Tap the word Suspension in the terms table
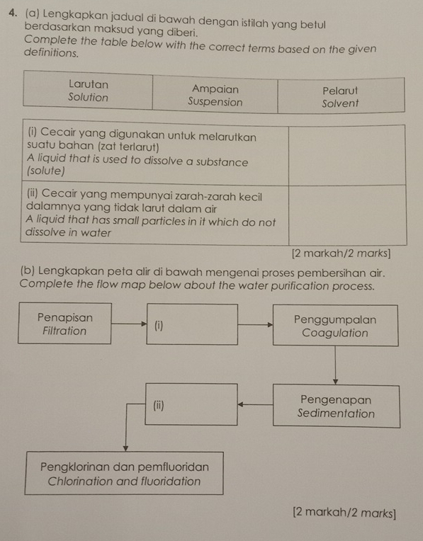[x=215, y=102]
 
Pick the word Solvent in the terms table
[x=340, y=103]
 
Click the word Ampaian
[x=215, y=89]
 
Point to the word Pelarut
[x=340, y=91]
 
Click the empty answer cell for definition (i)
[x=346, y=155]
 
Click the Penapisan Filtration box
[x=64, y=324]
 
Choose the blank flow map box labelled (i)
[x=193, y=325]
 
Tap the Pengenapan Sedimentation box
[x=336, y=406]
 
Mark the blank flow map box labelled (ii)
[x=191, y=405]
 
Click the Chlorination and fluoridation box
[x=124, y=474]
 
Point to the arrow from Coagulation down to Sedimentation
[x=335, y=365]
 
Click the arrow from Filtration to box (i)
[x=128, y=324]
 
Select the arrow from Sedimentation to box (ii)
[x=254, y=405]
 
